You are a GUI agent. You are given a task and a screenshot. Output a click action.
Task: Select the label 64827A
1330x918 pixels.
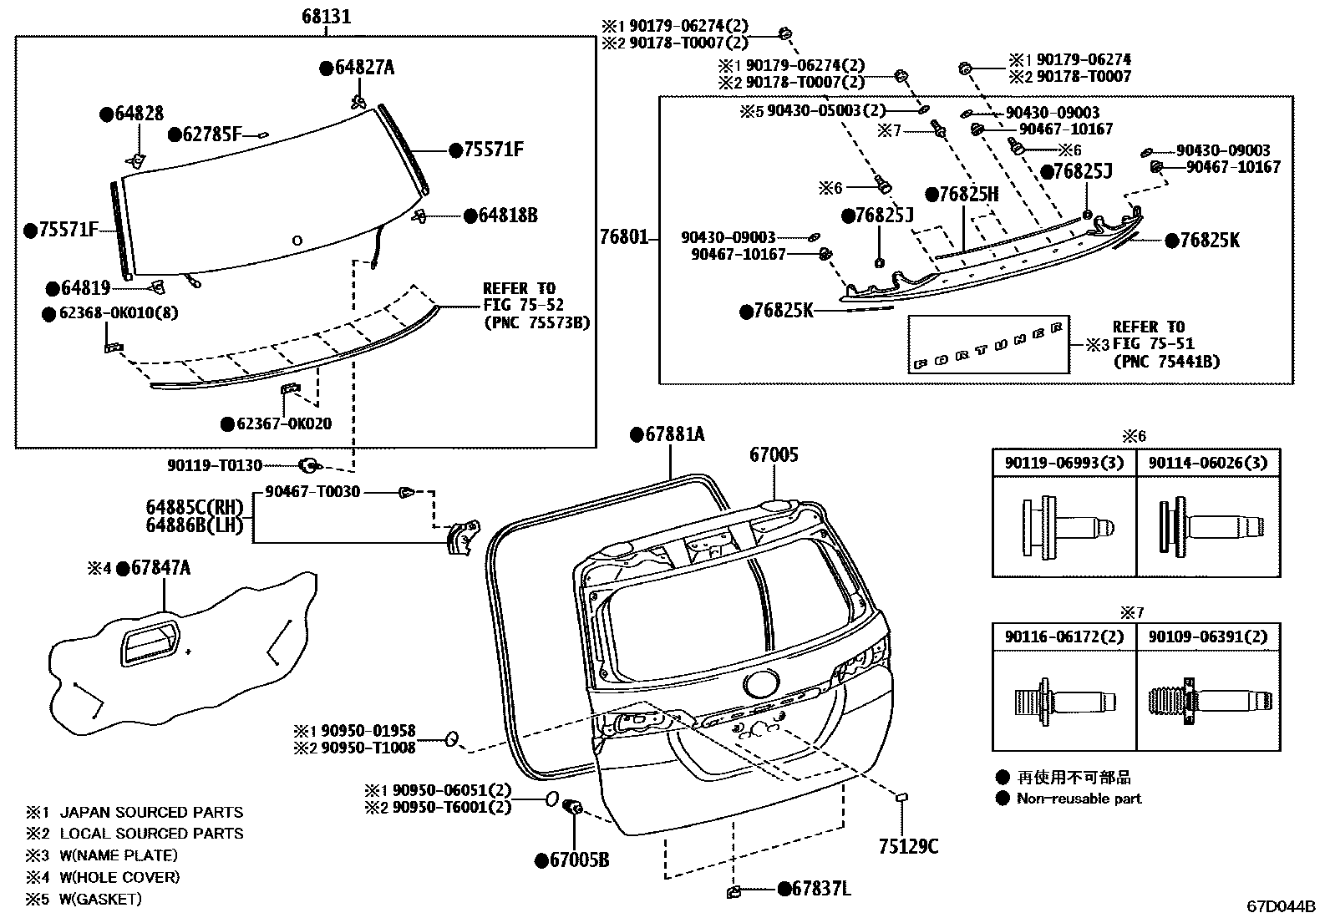(364, 68)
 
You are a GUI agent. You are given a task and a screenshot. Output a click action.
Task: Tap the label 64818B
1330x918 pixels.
(507, 216)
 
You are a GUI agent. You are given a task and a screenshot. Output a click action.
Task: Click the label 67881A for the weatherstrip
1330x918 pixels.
(674, 434)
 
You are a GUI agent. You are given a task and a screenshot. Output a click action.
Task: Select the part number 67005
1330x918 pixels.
(773, 455)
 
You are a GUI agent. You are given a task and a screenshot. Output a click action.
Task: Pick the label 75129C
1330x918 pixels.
(908, 846)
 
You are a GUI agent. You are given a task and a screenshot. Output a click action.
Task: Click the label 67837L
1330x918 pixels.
(821, 890)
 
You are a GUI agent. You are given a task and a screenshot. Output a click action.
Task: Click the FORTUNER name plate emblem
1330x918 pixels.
(988, 344)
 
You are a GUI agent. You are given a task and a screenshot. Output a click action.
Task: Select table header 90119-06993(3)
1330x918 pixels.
(1063, 463)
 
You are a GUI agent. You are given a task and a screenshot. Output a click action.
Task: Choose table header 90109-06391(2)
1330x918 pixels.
(1207, 637)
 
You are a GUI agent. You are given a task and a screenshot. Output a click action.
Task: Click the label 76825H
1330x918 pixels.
(968, 195)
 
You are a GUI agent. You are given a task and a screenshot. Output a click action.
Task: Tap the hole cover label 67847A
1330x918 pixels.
(160, 569)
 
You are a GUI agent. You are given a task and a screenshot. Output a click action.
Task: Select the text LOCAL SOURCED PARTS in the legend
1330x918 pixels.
(151, 834)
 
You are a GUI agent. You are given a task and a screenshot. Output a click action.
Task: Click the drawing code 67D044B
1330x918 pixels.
(1281, 905)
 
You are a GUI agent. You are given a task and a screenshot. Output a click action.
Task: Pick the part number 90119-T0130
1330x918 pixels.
(215, 465)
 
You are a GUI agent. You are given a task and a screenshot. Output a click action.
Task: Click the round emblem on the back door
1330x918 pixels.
(760, 684)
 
